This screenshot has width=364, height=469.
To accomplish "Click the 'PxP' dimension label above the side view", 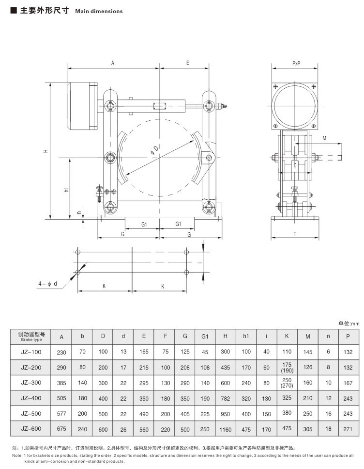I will (296, 64).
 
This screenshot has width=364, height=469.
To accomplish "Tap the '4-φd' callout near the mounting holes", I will (48, 284).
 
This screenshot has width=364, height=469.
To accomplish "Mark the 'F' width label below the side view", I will (295, 234).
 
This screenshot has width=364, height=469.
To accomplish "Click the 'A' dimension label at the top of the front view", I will (113, 64).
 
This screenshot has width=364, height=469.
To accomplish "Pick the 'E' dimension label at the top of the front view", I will (187, 64).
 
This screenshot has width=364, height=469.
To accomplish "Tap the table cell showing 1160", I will (226, 429).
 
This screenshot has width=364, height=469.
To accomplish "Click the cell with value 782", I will (226, 399).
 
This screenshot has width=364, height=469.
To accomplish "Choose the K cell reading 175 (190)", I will (287, 367).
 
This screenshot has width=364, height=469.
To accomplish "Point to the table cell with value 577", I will (61, 414).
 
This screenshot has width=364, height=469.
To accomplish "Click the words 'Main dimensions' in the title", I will (99, 11).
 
